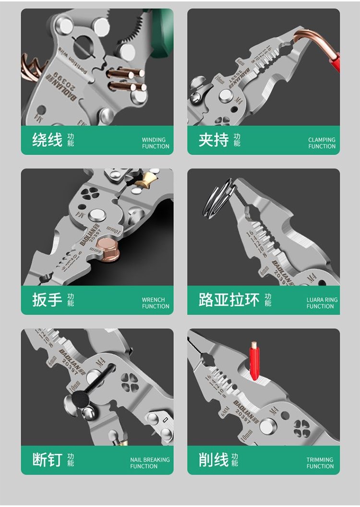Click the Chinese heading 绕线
(47, 140)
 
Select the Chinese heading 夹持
(214, 140)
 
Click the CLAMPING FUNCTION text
(322, 143)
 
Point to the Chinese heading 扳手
(47, 300)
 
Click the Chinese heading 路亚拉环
(229, 300)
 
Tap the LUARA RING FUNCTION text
(322, 303)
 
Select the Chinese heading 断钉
(47, 459)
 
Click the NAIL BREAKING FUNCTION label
(150, 463)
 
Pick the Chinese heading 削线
(214, 459)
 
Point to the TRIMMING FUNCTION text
(320, 463)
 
